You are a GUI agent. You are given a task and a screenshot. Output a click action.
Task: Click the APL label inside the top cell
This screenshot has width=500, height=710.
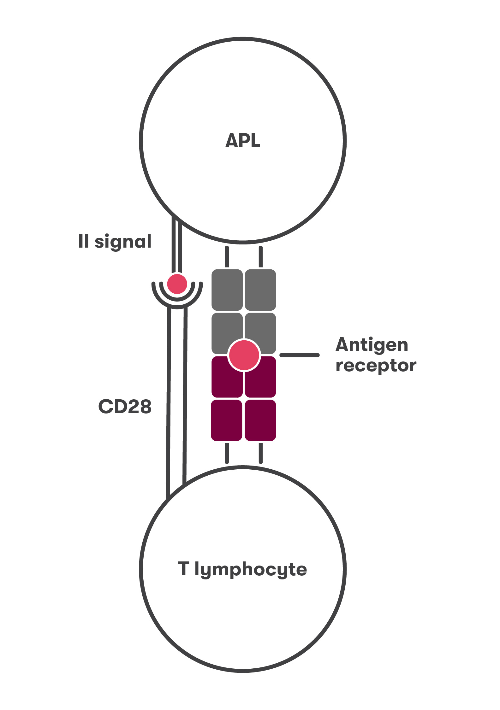tap(243, 140)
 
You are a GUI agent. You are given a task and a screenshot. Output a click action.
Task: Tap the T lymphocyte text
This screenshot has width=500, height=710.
tap(242, 569)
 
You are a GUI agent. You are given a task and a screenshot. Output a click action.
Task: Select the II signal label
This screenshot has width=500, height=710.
tap(115, 242)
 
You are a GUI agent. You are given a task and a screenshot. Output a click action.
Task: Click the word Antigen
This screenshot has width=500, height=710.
tap(372, 345)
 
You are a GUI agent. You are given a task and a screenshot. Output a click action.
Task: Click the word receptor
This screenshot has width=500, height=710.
tap(376, 366)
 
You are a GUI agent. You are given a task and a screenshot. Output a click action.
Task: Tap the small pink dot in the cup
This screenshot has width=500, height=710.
tap(177, 284)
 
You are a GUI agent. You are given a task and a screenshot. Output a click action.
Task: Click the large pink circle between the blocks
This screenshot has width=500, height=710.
tap(244, 355)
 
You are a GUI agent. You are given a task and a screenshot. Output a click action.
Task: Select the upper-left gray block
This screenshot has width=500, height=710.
tap(227, 290)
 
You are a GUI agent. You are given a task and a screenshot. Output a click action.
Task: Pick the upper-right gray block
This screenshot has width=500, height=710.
tap(261, 290)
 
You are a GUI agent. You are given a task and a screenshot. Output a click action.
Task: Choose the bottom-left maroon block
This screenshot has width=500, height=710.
tap(227, 420)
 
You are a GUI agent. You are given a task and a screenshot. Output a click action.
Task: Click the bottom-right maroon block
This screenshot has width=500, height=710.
tap(261, 420)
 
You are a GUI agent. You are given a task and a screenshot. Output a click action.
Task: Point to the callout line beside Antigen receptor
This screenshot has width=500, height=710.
tap(299, 355)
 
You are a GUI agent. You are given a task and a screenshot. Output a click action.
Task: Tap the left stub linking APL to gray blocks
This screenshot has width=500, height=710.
tap(227, 256)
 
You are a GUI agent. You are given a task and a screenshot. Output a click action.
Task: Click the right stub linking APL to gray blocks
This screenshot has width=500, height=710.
tap(261, 256)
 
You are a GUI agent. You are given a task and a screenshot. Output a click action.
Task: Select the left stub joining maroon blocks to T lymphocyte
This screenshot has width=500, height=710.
tap(227, 453)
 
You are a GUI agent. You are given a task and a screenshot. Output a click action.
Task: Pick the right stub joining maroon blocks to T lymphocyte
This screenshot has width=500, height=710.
tap(261, 453)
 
